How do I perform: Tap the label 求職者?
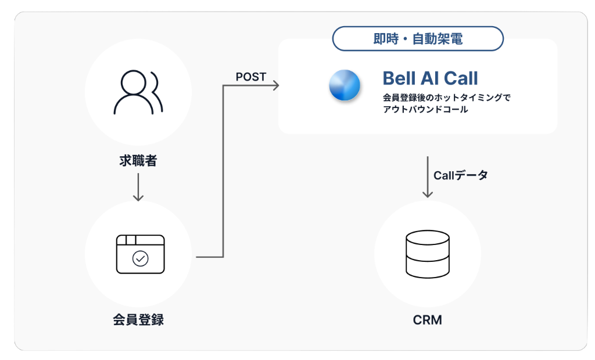[138, 161]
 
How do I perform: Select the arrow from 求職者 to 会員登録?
[138, 187]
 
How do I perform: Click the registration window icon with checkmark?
[140, 254]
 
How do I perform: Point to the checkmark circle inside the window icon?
[140, 258]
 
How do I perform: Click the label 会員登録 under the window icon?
[138, 319]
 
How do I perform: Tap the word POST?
[251, 77]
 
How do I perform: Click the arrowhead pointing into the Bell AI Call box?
[275, 86]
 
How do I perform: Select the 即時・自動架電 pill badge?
[417, 39]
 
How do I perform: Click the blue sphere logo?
[345, 85]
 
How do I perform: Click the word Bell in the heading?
[402, 78]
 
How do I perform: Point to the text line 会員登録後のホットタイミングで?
[446, 97]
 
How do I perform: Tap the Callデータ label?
[461, 175]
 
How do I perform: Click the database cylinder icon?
[428, 254]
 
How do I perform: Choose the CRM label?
[427, 320]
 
